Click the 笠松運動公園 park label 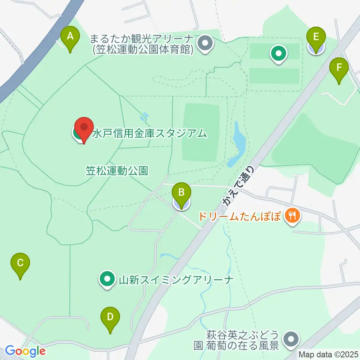click(x=117, y=171)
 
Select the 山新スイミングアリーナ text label click(x=176, y=279)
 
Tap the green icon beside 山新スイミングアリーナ click(x=107, y=279)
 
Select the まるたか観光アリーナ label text click(x=142, y=43)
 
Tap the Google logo click(x=25, y=351)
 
